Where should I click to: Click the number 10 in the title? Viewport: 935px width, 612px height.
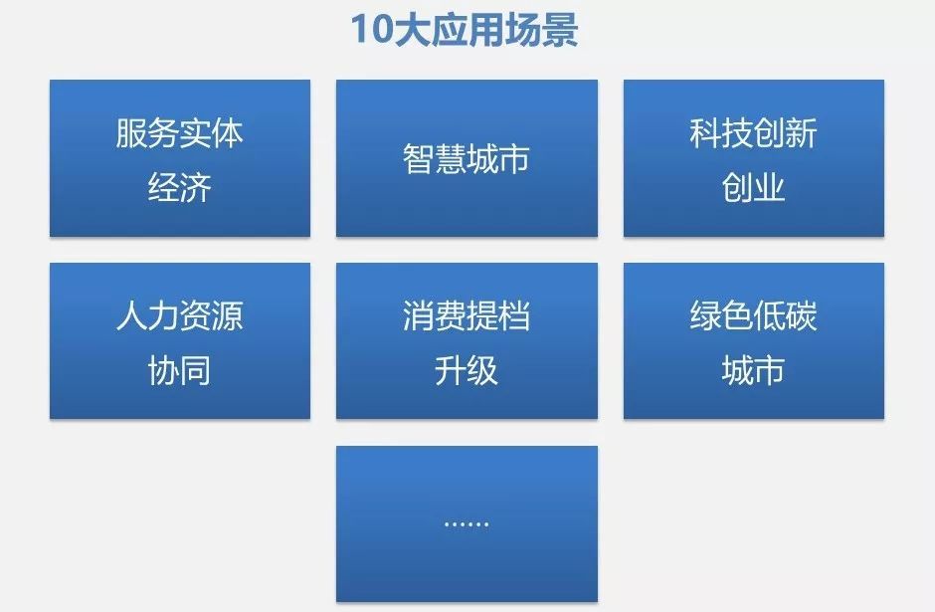click(371, 29)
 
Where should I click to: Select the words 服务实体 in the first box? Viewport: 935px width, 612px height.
click(179, 133)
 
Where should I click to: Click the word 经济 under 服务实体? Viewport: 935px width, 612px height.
click(179, 187)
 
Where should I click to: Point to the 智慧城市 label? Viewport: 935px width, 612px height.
click(467, 158)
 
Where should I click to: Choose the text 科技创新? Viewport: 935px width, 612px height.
click(753, 133)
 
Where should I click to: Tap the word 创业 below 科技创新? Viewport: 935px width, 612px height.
click(753, 187)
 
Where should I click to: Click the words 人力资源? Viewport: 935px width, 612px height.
click(179, 315)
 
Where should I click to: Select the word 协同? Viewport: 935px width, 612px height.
click(179, 370)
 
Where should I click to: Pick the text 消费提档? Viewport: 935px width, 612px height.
click(467, 315)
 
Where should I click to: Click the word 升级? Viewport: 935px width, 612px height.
click(467, 370)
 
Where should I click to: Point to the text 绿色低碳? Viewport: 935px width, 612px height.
click(753, 315)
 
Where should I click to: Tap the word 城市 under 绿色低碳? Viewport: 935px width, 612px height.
click(753, 370)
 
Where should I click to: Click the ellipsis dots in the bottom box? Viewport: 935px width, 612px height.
click(467, 523)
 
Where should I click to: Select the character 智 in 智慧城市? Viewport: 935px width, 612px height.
click(418, 158)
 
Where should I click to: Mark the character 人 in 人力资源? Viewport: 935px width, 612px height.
click(131, 315)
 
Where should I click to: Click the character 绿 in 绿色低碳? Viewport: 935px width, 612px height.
click(705, 315)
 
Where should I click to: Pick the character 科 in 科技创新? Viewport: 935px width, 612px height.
click(705, 133)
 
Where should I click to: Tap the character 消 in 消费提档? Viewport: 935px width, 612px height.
click(418, 315)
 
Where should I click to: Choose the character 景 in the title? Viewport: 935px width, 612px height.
click(560, 29)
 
